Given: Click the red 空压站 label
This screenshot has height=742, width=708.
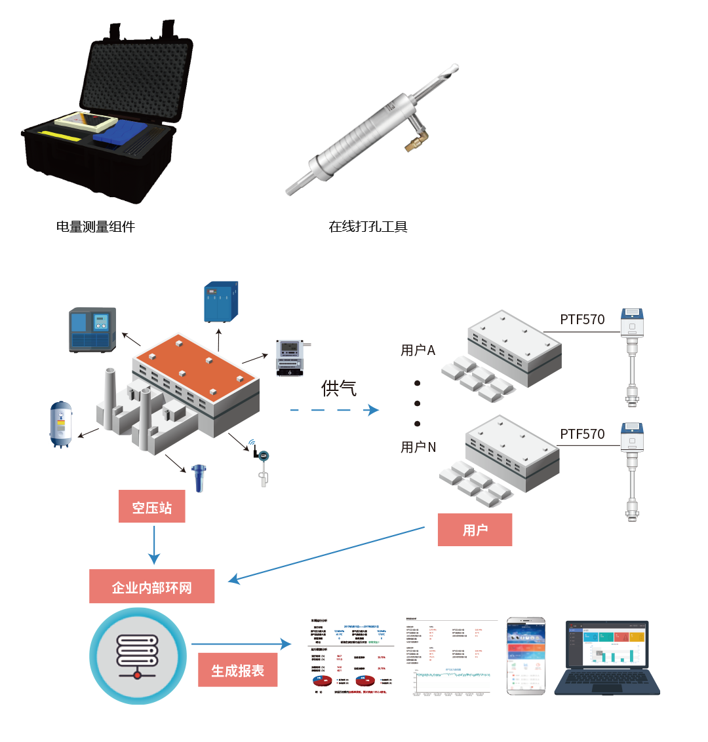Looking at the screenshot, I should pos(151,507).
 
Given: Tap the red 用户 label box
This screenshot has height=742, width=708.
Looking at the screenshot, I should pos(475,530).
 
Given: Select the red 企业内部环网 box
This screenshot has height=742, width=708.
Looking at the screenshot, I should pos(152,587).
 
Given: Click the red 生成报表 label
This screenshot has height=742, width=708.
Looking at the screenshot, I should pos(237,670).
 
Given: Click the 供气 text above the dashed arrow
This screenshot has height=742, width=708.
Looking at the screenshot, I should pos(338,388).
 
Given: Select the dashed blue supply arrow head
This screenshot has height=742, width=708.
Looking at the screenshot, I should pos(374,411).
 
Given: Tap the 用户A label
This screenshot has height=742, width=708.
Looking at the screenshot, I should pos(418,350).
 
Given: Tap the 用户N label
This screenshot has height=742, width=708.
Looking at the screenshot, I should pos(418,447).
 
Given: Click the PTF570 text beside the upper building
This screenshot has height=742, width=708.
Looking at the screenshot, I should pos(582,320).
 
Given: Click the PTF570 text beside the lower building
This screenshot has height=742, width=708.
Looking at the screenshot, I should pos(582,434).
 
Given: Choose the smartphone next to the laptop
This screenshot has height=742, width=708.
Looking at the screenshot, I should pos(526,656).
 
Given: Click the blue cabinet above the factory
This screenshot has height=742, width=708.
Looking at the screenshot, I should pos(221,302).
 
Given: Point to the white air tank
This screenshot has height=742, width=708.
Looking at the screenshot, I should pos(62,424).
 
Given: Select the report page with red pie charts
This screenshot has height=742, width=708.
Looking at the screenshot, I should pos(350,656).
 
